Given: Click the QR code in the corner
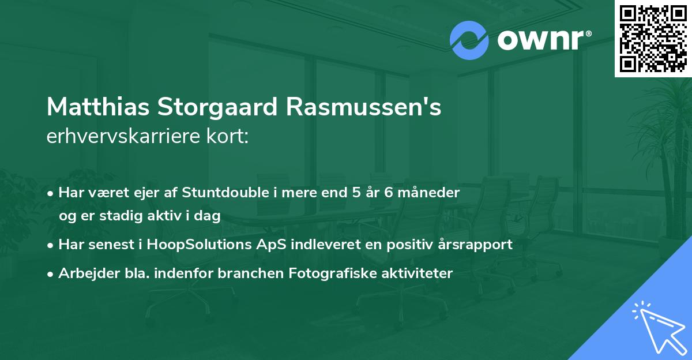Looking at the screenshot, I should (653, 38).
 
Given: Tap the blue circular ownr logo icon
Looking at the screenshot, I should (469, 40).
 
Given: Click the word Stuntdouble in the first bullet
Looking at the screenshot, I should (217, 193).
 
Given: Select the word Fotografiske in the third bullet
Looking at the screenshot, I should (326, 273).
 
